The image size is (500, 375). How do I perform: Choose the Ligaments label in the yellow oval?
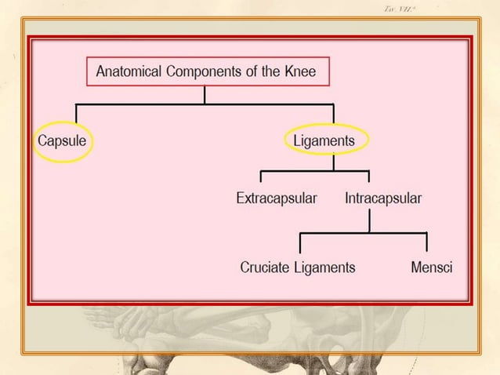324,141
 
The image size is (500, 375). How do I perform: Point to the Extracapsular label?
277,198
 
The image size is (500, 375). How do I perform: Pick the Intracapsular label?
383,198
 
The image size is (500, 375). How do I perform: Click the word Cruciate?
267,268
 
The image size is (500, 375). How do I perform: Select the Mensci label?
431,268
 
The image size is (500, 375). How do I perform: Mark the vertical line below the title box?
205,94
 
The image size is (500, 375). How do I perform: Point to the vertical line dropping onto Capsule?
75,115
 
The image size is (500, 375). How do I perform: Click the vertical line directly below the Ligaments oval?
334,162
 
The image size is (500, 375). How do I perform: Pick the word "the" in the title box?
274,72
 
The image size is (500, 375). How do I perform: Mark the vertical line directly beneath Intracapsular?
370,220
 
